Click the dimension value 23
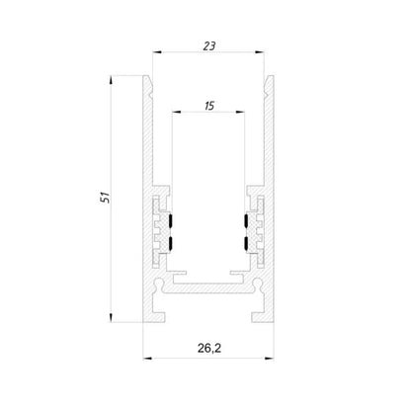point(209,46)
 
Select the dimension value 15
point(209,106)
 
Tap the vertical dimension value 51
point(105,197)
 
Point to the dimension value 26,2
point(209,348)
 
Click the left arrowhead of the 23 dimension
point(157,52)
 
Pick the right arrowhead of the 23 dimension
point(260,52)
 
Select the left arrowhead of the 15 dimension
point(177,112)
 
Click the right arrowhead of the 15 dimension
point(240,112)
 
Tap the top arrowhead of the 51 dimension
point(111,80)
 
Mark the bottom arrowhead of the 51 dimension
point(111,317)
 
